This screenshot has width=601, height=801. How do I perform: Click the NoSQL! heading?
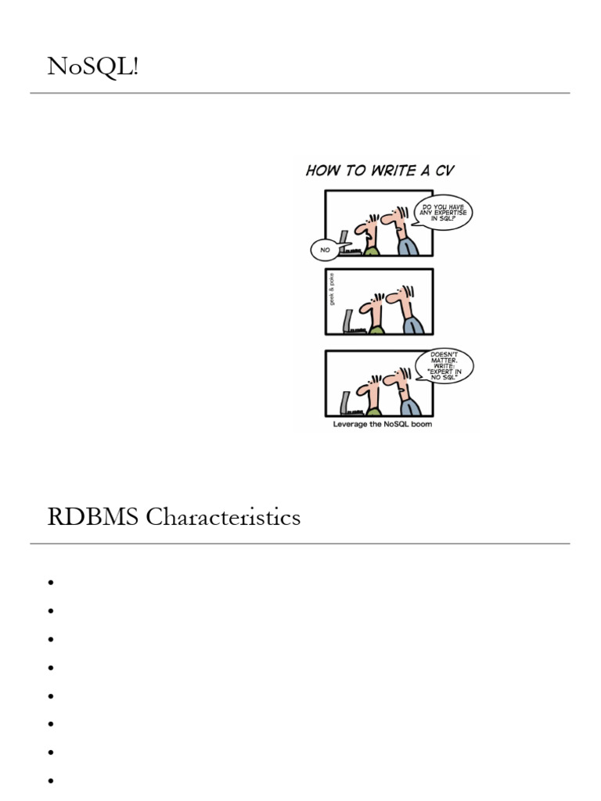[93, 67]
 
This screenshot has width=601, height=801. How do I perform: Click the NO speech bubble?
[324, 250]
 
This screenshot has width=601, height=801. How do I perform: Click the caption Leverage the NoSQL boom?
[381, 425]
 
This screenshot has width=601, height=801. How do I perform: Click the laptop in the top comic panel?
[344, 246]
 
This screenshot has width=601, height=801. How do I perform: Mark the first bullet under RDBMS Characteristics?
[50, 583]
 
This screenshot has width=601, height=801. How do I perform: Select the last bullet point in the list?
[50, 781]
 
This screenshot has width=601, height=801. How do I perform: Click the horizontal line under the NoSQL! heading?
[300, 93]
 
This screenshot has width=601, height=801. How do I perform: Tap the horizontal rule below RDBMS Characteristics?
[300, 544]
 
